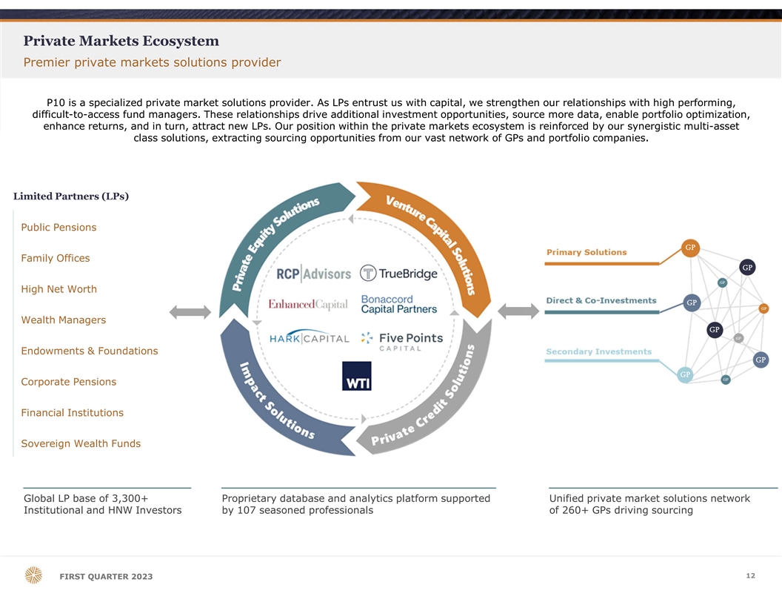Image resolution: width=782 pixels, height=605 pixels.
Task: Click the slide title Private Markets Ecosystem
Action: [121, 41]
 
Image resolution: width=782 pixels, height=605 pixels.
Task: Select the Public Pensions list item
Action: [59, 228]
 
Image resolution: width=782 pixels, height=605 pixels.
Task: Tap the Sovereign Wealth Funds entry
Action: [81, 444]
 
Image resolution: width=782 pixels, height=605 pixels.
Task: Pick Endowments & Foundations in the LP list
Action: [90, 351]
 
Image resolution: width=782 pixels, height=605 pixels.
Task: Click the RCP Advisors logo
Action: [314, 274]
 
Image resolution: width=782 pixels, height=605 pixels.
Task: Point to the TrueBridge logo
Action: [398, 274]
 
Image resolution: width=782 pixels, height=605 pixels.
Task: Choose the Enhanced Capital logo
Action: [308, 304]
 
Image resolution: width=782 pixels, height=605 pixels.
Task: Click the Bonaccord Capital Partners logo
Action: [399, 304]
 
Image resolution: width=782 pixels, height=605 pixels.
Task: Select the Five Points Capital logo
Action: [402, 341]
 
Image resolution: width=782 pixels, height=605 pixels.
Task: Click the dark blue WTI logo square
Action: [357, 376]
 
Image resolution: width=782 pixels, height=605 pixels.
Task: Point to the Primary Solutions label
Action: [586, 253]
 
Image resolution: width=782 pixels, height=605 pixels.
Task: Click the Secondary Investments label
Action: [598, 351]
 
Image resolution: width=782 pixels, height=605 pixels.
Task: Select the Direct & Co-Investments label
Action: [601, 300]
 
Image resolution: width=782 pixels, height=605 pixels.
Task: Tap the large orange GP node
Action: [690, 248]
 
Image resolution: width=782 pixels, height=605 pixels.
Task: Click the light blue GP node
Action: [685, 374]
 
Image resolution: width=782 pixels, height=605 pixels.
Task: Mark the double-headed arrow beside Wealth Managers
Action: [190, 312]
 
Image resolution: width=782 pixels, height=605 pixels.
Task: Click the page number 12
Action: [751, 575]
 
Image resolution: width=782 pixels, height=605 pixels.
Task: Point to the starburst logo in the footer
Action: [33, 575]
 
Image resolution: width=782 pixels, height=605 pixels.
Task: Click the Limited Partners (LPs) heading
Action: [71, 196]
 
